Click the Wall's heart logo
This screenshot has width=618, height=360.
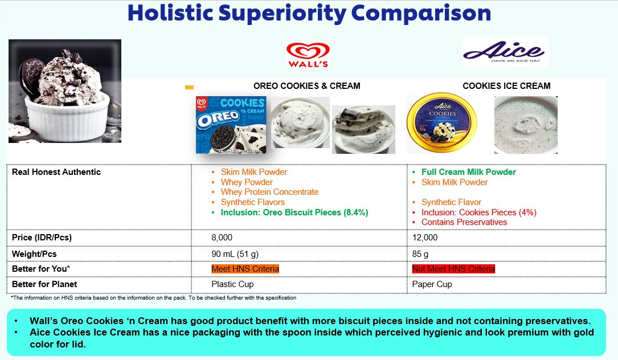pos(308,55)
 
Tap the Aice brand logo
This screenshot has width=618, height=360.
pos(505,52)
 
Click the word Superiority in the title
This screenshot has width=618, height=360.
pos(282,14)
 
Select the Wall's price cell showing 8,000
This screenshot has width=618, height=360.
pos(222,238)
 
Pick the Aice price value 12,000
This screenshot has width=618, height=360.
pos(425,238)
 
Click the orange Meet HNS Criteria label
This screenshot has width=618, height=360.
pos(245,269)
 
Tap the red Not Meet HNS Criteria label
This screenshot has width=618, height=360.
pos(453,269)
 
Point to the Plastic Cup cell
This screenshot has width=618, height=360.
pos(232,284)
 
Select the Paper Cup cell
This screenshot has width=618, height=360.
pos(432,284)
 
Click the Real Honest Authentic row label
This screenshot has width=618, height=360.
pos(56,172)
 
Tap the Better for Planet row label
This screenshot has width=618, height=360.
pos(44,284)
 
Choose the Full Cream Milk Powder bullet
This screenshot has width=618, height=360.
pos(469,172)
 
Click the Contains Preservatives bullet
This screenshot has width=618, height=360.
pos(464,222)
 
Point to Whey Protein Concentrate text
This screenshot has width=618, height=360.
pos(269,192)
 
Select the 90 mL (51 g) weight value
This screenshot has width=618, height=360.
pos(235,254)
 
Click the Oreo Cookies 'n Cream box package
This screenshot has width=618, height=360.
pos(231,125)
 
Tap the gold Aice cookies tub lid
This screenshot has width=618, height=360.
pos(441,123)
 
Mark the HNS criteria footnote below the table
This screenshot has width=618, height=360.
pos(154,298)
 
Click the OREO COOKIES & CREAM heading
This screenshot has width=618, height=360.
pos(306,86)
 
